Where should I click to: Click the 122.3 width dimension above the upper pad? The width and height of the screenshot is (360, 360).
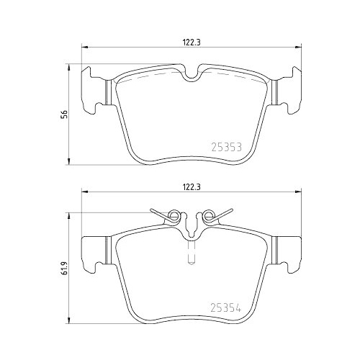pyautogui.click(x=191, y=42)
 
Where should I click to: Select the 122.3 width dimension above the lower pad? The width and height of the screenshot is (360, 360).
pyautogui.click(x=191, y=186)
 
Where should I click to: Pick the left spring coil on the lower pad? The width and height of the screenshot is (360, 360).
pyautogui.click(x=173, y=214)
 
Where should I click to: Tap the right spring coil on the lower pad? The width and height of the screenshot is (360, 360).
pyautogui.click(x=209, y=214)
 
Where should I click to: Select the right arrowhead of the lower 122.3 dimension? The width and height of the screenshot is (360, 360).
pyautogui.click(x=296, y=194)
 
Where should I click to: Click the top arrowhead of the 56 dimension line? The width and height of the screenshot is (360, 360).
pyautogui.click(x=68, y=66)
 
